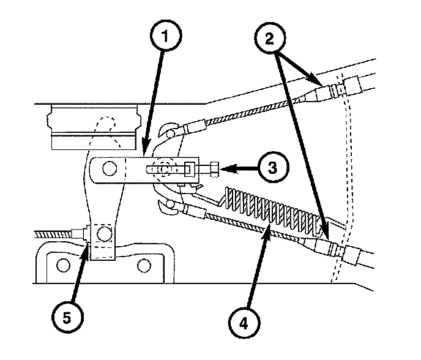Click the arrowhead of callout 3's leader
click(x=225, y=167)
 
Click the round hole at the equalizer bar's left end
click(x=110, y=168)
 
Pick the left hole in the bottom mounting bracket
click(x=62, y=266)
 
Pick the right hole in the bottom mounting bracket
click(x=144, y=266)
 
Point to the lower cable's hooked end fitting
click(x=171, y=206)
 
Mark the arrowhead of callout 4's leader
click(x=267, y=228)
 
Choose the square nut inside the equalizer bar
click(x=190, y=167)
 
